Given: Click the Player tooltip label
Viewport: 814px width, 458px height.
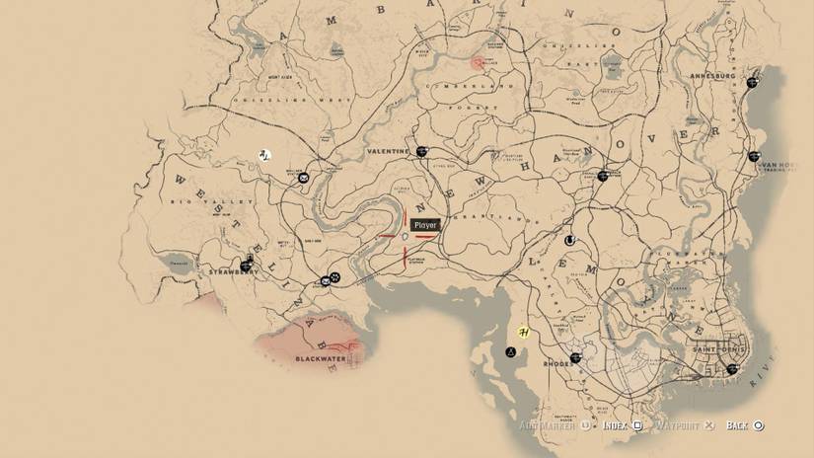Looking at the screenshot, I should pyautogui.click(x=425, y=225).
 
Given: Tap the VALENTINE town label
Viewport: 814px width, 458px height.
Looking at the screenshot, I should pyautogui.click(x=388, y=151).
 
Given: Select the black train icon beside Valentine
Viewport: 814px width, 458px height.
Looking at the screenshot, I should pyautogui.click(x=421, y=151).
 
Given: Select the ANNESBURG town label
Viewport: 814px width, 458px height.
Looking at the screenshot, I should pyautogui.click(x=717, y=76).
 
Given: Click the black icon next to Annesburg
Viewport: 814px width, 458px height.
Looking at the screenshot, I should pyautogui.click(x=754, y=82).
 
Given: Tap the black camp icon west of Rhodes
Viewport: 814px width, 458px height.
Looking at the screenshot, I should pyautogui.click(x=511, y=351).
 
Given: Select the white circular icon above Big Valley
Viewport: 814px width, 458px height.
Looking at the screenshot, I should pyautogui.click(x=264, y=155).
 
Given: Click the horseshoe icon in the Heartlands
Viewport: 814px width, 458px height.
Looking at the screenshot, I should pyautogui.click(x=569, y=240).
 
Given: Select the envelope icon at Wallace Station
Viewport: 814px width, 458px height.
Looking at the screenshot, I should pyautogui.click(x=304, y=178).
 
